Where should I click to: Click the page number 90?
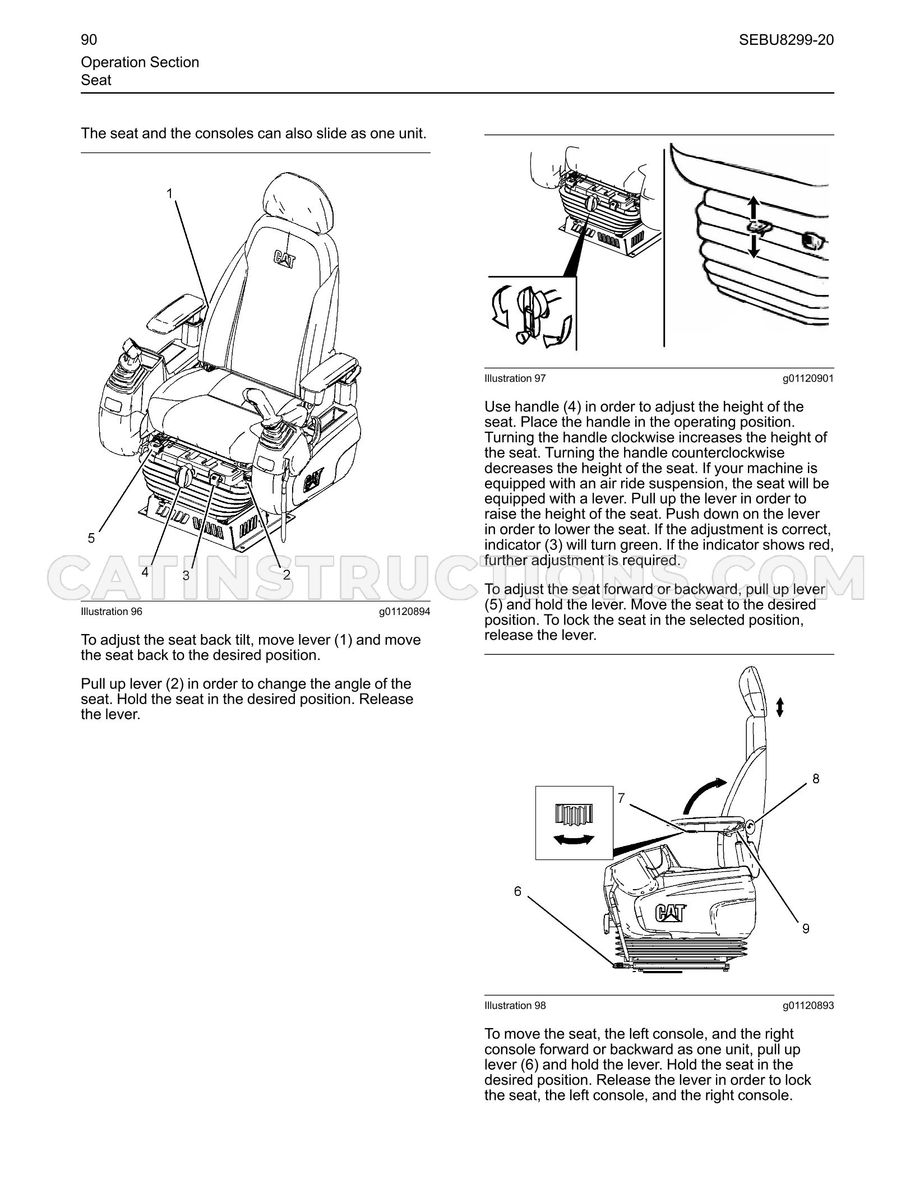point(89,40)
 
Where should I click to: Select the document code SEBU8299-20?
point(786,40)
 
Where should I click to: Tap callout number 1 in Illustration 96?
point(169,193)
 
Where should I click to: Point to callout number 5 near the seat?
point(91,538)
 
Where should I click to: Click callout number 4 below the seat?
point(145,572)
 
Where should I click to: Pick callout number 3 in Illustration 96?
point(186,575)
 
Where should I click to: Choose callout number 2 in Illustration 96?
point(286,575)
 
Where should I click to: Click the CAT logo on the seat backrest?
point(285,259)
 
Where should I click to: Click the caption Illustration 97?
point(515,378)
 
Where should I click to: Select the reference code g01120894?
point(404,612)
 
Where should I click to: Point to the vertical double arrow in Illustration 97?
point(754,227)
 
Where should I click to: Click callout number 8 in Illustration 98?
point(816,779)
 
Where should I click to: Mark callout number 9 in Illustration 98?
point(806,929)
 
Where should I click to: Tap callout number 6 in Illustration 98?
point(517,891)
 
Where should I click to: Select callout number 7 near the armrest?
point(621,797)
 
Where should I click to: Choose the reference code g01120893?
point(808,1006)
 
